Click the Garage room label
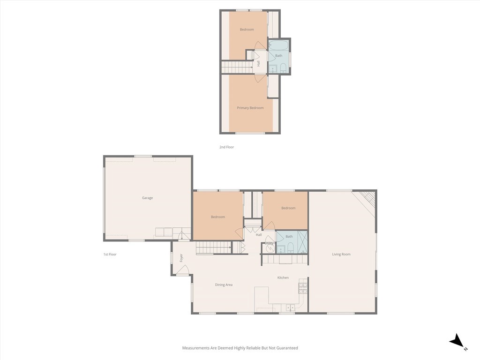(x=147, y=198)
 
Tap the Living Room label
(x=341, y=254)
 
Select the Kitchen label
(x=283, y=277)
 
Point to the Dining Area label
(x=224, y=285)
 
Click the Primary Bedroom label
(x=250, y=108)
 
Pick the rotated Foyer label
(x=181, y=258)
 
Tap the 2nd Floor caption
(x=226, y=147)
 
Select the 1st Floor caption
(x=110, y=254)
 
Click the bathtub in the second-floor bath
(x=278, y=45)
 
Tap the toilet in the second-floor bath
(x=283, y=67)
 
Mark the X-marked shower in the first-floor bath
(x=302, y=242)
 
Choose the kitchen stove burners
(x=303, y=288)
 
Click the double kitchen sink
(x=290, y=307)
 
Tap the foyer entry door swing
(x=182, y=270)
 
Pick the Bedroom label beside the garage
(x=218, y=217)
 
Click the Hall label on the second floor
(x=259, y=63)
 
